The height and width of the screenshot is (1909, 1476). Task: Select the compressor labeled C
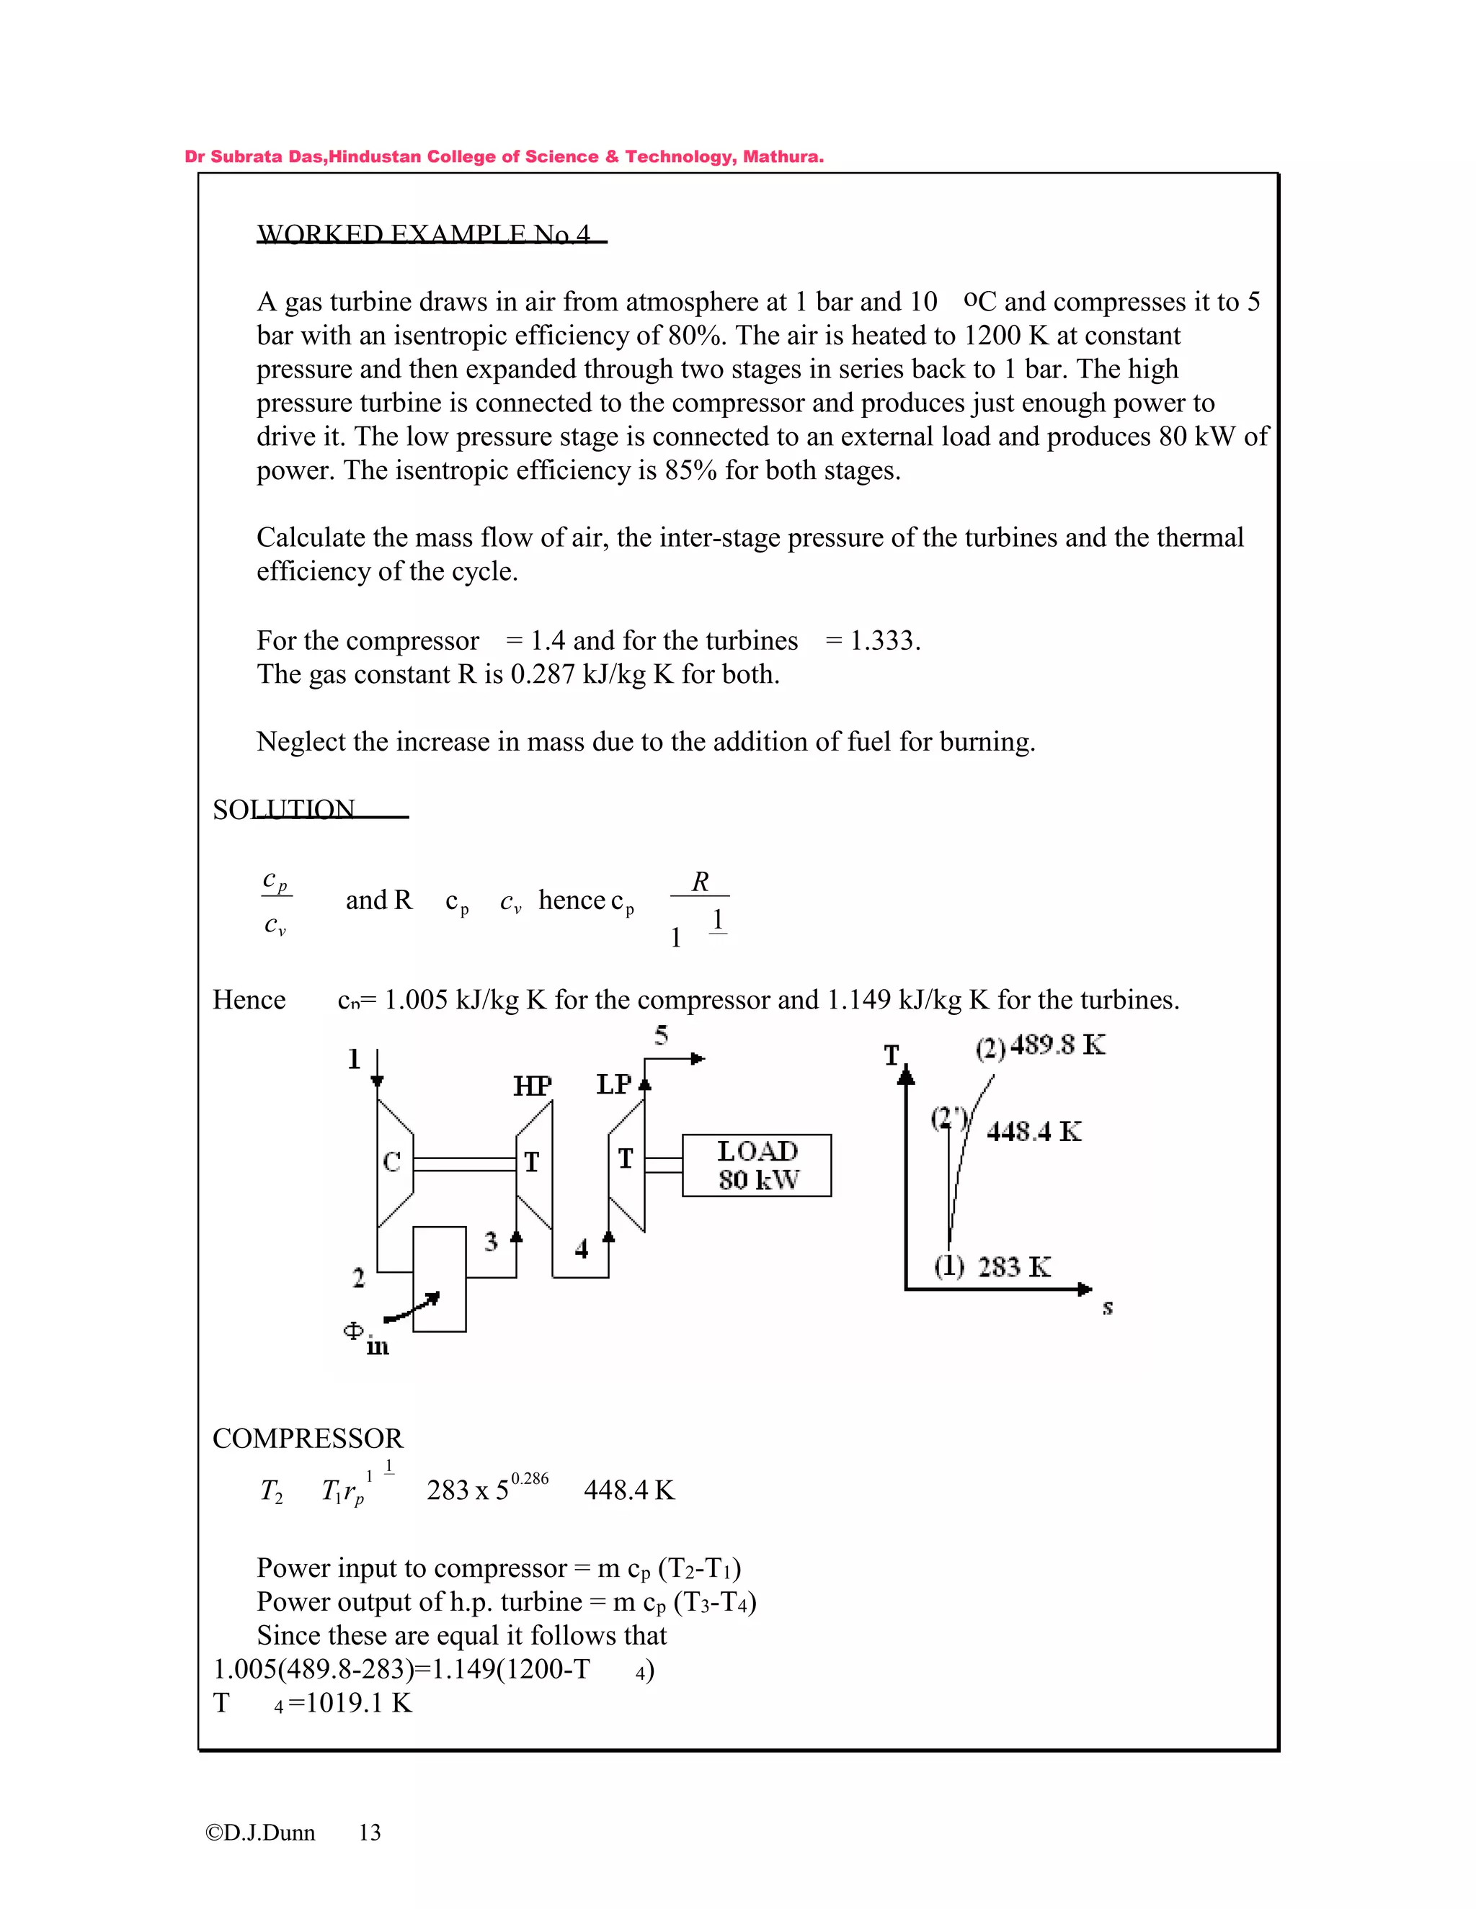coord(394,1162)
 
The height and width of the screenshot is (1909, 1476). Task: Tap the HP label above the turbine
coord(532,1086)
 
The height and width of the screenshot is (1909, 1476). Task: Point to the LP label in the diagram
coord(614,1085)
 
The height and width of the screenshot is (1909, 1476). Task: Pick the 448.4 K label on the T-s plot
coord(1033,1132)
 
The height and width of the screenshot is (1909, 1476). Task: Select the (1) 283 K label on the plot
coord(992,1266)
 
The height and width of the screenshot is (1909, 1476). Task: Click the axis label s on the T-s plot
coord(1107,1307)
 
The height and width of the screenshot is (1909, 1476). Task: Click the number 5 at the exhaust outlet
coord(661,1036)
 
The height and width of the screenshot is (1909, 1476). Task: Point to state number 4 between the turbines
coord(582,1249)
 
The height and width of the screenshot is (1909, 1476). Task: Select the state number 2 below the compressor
coord(358,1278)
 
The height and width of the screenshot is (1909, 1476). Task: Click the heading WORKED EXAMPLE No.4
coord(423,234)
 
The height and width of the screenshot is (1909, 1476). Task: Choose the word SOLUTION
coord(284,810)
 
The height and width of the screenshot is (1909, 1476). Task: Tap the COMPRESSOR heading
coord(308,1439)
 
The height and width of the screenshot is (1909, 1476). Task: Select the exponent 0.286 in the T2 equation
coord(530,1479)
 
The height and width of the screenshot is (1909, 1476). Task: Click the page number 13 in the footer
coord(370,1833)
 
